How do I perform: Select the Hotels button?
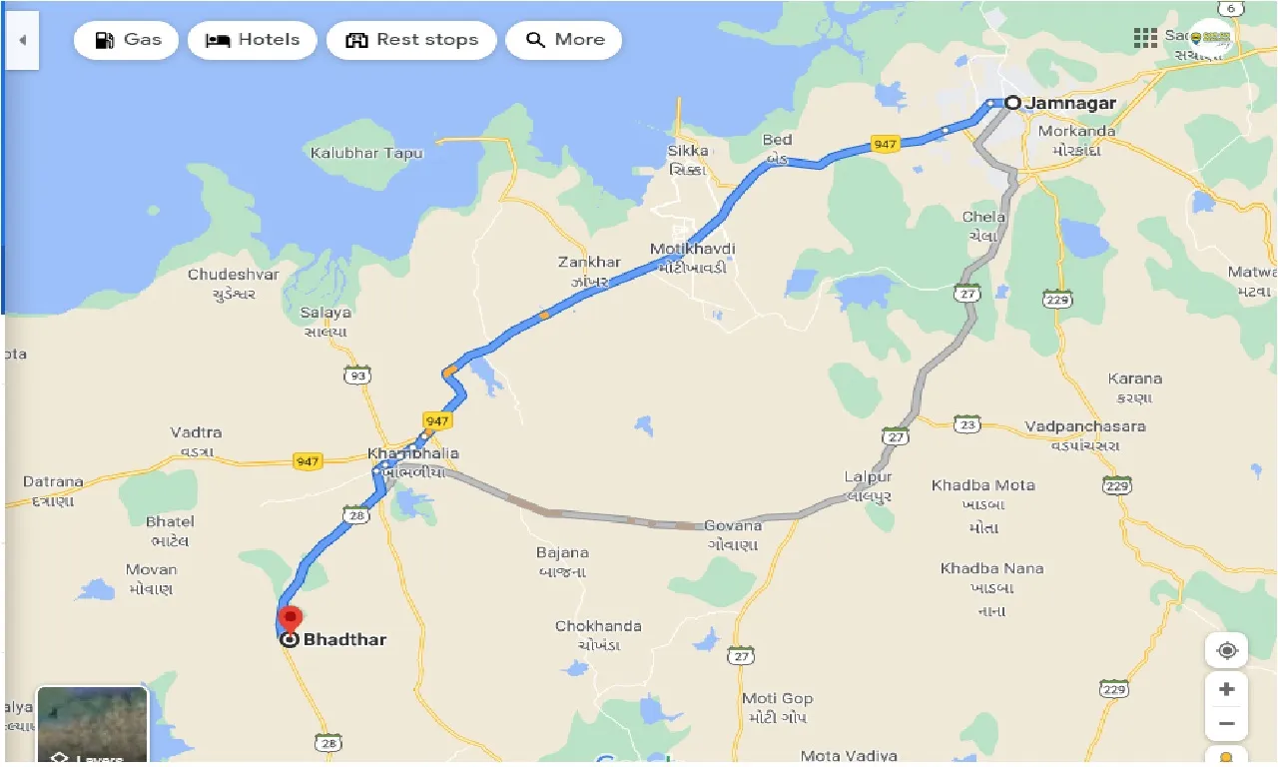pyautogui.click(x=252, y=40)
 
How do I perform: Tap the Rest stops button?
pyautogui.click(x=411, y=40)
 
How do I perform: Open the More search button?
pyautogui.click(x=564, y=40)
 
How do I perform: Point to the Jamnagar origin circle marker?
pyautogui.click(x=1012, y=103)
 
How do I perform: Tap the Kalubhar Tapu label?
pyautogui.click(x=366, y=154)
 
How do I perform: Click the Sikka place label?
pyautogui.click(x=688, y=151)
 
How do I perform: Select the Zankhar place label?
pyautogui.click(x=589, y=263)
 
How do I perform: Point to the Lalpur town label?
pyautogui.click(x=868, y=478)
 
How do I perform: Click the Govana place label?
pyautogui.click(x=733, y=525)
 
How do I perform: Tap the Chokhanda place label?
pyautogui.click(x=598, y=626)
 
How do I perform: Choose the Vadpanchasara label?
pyautogui.click(x=1085, y=426)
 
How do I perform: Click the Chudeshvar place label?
pyautogui.click(x=234, y=275)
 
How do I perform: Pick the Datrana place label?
pyautogui.click(x=53, y=482)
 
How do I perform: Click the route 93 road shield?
pyautogui.click(x=356, y=376)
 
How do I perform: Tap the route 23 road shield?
pyautogui.click(x=965, y=423)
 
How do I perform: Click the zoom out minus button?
pyautogui.click(x=1227, y=723)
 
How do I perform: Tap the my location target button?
pyautogui.click(x=1227, y=651)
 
